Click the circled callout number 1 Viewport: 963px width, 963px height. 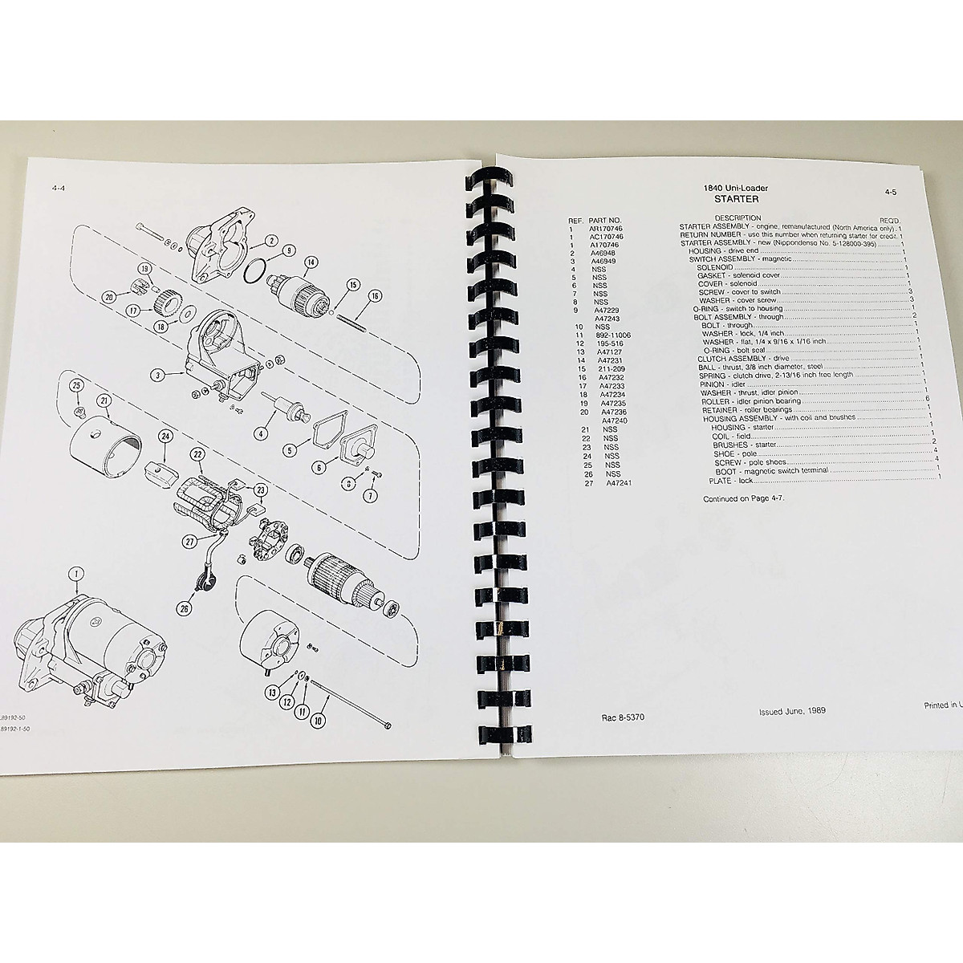(75, 574)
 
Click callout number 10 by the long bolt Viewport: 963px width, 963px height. (319, 698)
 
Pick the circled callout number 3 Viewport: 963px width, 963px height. (159, 374)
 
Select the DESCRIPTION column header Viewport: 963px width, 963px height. (737, 217)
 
